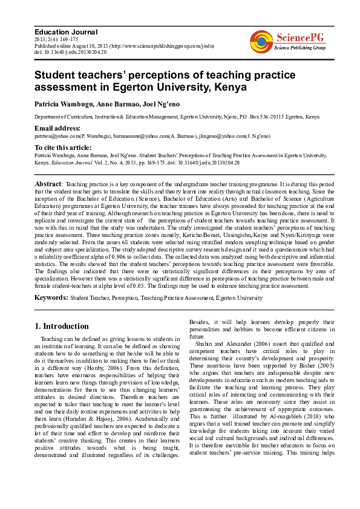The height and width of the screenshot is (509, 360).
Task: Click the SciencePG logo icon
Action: coord(261,41)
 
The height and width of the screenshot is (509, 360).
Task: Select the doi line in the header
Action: coord(70,52)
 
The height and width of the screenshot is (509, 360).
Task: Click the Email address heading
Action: coord(57,128)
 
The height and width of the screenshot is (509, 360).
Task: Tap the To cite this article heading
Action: coord(63,148)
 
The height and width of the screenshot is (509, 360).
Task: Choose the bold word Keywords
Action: coord(51,298)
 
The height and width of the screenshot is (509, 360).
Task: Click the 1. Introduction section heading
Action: coord(62,326)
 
